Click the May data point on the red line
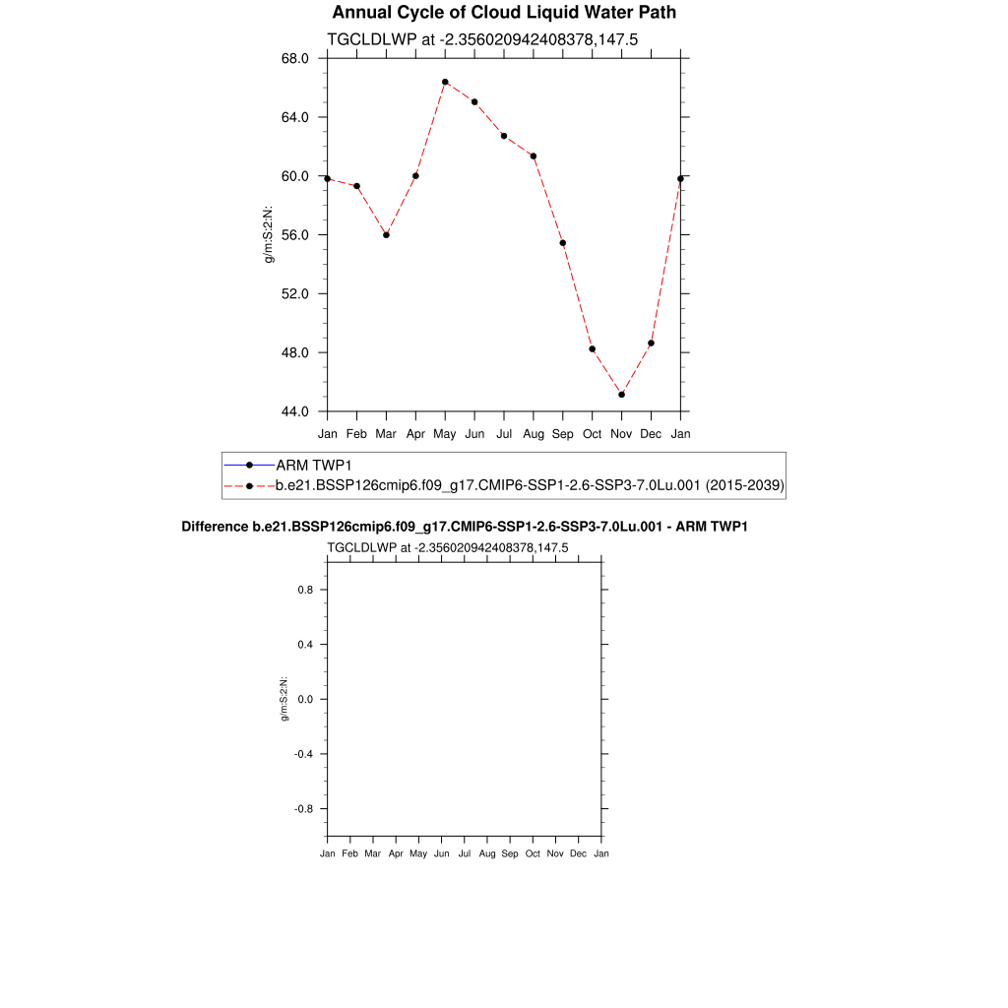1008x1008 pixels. tap(445, 82)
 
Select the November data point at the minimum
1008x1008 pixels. tap(621, 395)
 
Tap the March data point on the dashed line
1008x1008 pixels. tap(386, 235)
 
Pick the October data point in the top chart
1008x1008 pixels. tap(592, 349)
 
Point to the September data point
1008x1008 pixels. tap(562, 243)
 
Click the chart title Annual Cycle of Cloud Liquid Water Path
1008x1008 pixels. tap(504, 13)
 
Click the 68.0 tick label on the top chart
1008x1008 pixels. tap(295, 58)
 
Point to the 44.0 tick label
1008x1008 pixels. tap(295, 411)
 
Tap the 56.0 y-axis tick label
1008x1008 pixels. tap(295, 235)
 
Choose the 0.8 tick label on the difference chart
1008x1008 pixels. tap(305, 590)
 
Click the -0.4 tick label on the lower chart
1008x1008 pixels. tap(303, 754)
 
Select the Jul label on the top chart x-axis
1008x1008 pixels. tap(504, 433)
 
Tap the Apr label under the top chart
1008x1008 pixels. tap(415, 433)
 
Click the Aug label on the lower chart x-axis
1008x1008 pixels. tap(487, 853)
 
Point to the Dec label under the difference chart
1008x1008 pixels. tap(579, 853)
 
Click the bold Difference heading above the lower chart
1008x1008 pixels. tap(465, 528)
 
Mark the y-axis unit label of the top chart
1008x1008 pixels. tap(268, 235)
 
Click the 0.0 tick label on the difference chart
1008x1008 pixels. tap(305, 699)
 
